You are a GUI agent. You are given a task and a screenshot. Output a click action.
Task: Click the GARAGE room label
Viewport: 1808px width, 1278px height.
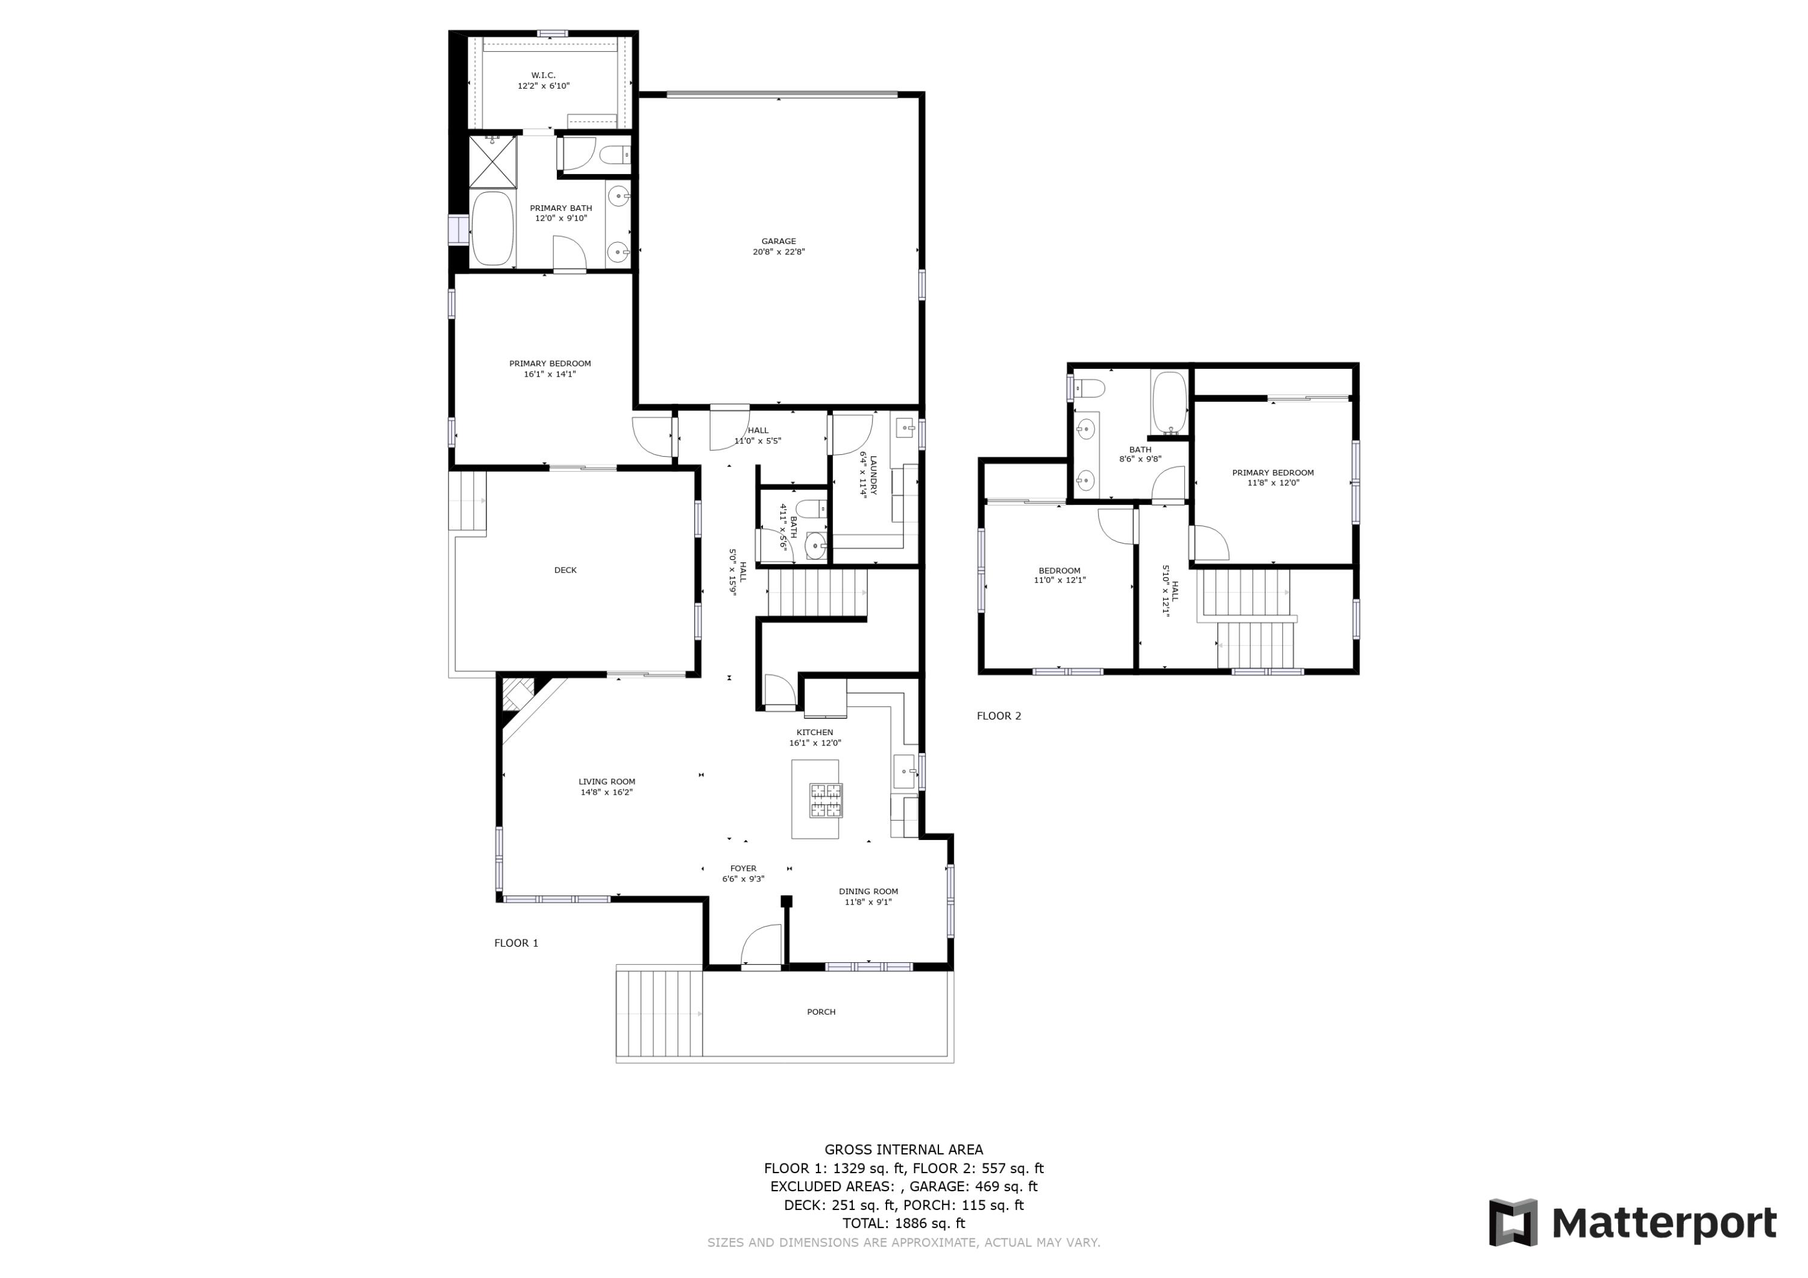click(778, 242)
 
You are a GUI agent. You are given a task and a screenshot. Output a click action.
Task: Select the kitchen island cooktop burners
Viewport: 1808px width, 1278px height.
click(825, 800)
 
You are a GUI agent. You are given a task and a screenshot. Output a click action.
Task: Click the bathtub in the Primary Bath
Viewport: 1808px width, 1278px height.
click(492, 228)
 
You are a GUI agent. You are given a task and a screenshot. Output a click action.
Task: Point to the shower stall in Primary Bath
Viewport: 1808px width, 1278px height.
click(494, 161)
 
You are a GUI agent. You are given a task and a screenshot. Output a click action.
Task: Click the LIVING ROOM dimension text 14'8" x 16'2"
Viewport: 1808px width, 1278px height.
click(606, 792)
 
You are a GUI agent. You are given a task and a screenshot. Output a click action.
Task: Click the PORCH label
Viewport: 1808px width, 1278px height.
click(820, 1012)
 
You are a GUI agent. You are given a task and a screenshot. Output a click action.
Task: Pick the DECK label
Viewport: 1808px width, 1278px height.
click(565, 570)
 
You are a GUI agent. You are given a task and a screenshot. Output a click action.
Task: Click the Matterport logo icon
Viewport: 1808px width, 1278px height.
click(1512, 1223)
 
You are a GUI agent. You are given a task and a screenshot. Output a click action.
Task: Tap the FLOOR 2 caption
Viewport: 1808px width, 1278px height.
click(999, 716)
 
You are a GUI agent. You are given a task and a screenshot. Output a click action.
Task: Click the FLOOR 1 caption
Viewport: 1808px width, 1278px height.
click(516, 942)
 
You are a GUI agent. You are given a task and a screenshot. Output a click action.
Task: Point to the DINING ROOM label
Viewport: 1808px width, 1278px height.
click(868, 891)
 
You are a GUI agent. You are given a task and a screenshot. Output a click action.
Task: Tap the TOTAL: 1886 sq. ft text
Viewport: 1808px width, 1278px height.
click(903, 1223)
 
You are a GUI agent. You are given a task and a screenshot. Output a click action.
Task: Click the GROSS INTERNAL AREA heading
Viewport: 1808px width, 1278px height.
click(903, 1150)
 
